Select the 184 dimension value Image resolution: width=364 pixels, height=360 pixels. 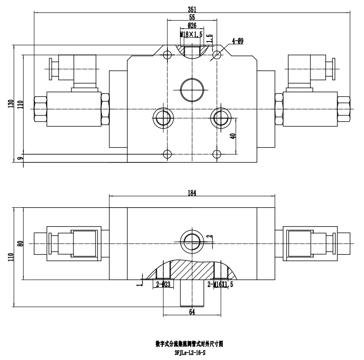tap(192, 193)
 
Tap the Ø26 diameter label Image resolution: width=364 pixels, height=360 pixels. tap(192, 25)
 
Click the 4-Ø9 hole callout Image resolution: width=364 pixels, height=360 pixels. tap(238, 41)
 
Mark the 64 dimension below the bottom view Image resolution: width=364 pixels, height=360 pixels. tap(192, 312)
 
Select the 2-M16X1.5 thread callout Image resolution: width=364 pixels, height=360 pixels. tap(221, 284)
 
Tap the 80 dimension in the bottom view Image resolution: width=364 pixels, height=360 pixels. tap(19, 243)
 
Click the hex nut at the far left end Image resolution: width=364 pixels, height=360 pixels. tap(40, 109)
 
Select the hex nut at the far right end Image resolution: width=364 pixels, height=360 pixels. tap(344, 109)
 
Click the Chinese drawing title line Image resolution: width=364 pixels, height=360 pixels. tap(191, 344)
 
